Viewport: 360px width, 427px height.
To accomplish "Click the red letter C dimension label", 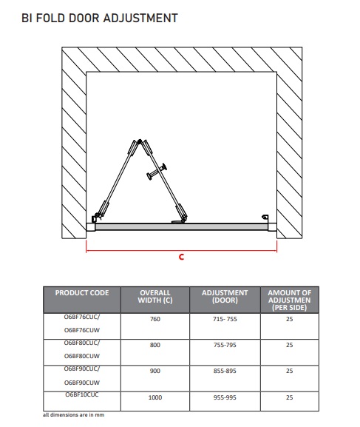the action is [182, 257].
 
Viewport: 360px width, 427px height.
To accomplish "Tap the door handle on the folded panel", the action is [157, 171].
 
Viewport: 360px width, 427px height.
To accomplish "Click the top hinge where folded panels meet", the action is [140, 141].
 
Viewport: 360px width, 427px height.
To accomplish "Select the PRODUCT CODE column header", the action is [82, 293].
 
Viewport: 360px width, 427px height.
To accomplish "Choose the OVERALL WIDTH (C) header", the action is [155, 296].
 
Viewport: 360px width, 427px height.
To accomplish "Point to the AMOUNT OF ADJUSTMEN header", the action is [290, 300].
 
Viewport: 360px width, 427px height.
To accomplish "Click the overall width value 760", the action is [155, 319].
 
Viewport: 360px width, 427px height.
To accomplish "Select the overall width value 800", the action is [155, 345].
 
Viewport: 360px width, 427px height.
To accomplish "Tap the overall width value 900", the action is [155, 371].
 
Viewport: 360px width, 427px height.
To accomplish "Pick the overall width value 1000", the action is [155, 397].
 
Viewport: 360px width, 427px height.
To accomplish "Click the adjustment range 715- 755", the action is [225, 319].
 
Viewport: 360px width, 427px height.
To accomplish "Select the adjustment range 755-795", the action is [225, 345].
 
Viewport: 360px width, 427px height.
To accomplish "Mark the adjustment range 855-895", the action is [225, 371].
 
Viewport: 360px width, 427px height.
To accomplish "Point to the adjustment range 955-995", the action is [225, 397].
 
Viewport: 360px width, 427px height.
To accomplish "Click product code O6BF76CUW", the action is [82, 330].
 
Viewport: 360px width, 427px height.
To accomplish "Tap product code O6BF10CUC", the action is [82, 394].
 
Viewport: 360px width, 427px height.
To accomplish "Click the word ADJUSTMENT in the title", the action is [140, 19].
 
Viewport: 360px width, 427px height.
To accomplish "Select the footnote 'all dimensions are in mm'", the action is [73, 415].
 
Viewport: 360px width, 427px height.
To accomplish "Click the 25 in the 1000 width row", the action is [290, 397].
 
